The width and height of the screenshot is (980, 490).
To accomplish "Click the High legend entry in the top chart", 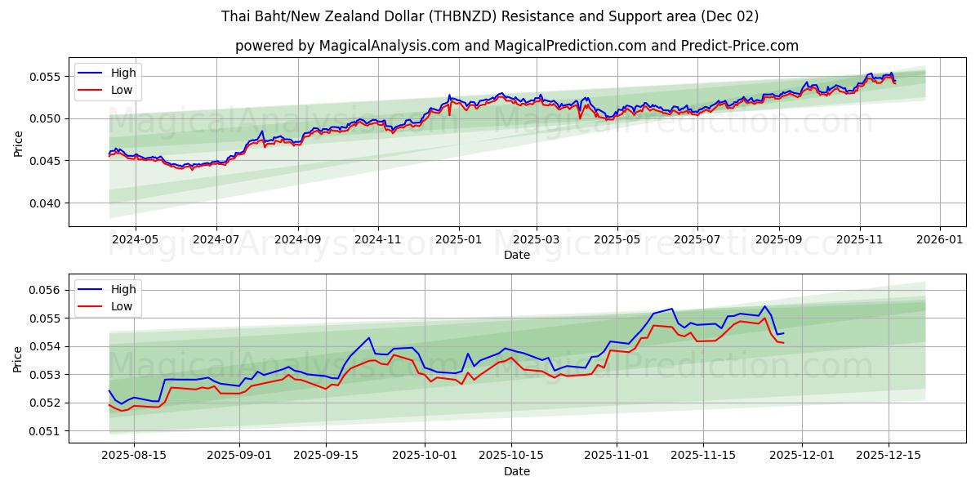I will pos(123,73).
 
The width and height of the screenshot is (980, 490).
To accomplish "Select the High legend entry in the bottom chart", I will pos(123,289).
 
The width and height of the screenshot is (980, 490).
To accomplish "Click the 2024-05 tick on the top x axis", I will pos(135,240).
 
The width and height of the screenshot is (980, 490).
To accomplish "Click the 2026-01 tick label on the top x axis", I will pos(940,240).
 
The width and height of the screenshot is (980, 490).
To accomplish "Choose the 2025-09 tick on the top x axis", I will pos(779,240).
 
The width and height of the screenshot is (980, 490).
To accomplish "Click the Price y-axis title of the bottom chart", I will pos(19,359).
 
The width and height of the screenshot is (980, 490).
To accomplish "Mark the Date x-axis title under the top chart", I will pos(516,255).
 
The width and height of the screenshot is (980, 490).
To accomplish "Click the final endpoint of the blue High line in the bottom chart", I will pos(783,333).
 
